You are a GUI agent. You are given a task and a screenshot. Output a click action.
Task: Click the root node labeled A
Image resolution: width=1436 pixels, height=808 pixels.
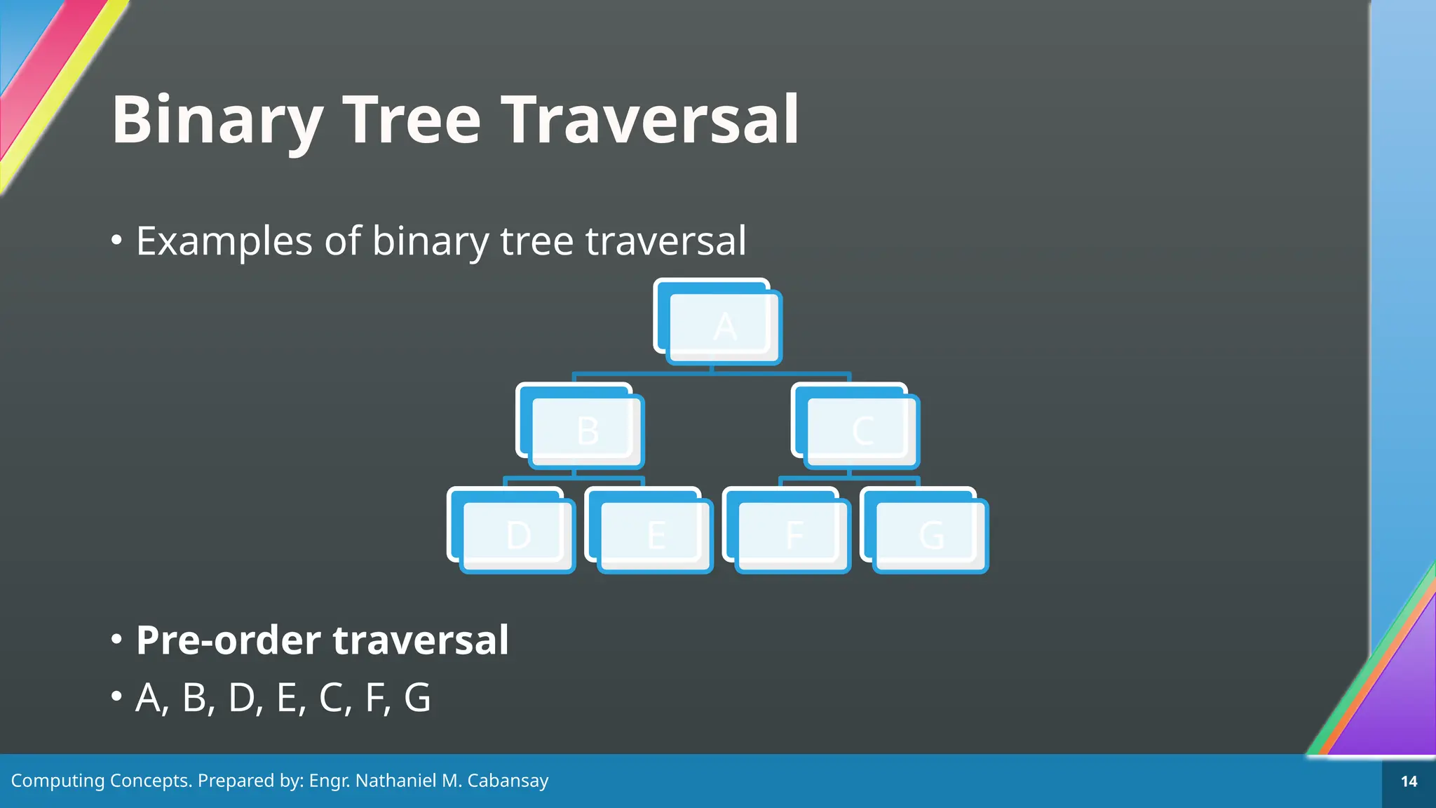pos(724,327)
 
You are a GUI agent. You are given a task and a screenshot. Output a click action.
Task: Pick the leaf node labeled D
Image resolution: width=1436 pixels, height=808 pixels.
pos(517,535)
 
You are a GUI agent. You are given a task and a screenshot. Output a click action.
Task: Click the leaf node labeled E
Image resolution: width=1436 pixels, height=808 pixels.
pos(655,535)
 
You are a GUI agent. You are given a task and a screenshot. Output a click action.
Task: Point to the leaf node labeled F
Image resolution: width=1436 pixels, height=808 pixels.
pos(793,535)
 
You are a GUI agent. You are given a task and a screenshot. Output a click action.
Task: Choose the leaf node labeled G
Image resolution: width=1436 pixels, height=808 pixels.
pos(930,535)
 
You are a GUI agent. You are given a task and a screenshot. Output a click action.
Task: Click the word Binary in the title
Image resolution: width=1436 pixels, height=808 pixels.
pos(217,121)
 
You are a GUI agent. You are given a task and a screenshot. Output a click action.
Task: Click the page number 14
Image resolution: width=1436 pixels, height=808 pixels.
pos(1409,781)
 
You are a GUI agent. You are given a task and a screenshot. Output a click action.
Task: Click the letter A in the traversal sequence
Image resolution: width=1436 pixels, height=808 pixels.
pos(149,698)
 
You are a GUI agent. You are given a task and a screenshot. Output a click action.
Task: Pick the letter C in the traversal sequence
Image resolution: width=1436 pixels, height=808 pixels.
pos(331,698)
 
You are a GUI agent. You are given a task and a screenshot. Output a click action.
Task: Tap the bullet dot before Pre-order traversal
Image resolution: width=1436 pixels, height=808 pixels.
pos(117,639)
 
